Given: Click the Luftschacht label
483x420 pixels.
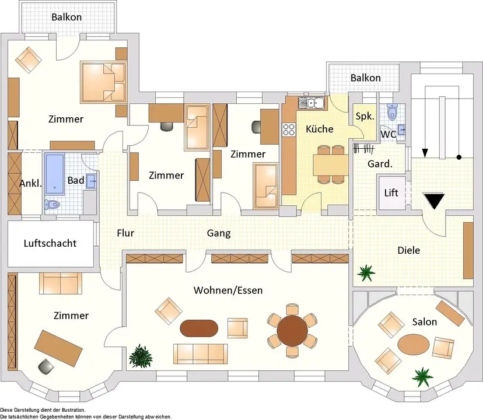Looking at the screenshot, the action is (x=50, y=243).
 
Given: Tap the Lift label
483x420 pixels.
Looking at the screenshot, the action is (x=391, y=192).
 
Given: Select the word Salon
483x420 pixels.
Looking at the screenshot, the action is (x=425, y=321).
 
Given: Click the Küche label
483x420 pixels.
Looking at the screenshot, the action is (x=319, y=129).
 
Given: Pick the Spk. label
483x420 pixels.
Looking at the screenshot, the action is (x=365, y=116).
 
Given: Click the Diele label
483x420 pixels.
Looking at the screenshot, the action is (x=408, y=250).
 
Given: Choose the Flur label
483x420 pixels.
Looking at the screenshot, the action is (x=125, y=233).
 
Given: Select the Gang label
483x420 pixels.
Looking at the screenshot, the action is (x=219, y=233).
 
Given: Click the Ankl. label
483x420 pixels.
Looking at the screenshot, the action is (x=30, y=183).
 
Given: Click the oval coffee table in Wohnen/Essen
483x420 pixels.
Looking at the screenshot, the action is (x=199, y=328).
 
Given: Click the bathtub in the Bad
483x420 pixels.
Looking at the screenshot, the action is (x=57, y=173).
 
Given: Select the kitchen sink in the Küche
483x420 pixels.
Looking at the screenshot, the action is (x=313, y=103).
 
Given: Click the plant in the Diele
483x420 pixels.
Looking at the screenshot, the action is (x=367, y=271).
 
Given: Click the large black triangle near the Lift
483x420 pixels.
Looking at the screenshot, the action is (x=434, y=201).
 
